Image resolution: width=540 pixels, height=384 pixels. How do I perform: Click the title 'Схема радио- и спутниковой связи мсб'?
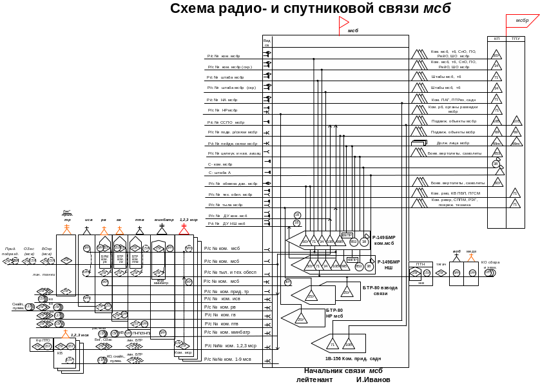click(310, 8)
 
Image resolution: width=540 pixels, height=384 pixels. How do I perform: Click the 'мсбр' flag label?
click(522, 21)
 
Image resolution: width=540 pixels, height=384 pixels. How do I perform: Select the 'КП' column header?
click(496, 39)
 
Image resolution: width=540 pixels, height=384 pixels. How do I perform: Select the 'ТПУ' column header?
click(516, 39)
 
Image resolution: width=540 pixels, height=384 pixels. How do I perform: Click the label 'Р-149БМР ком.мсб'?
click(384, 240)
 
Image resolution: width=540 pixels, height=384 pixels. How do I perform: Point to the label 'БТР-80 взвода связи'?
click(380, 290)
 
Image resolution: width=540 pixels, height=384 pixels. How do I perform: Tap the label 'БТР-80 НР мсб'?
click(334, 313)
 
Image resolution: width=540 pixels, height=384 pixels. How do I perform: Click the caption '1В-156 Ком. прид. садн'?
click(353, 358)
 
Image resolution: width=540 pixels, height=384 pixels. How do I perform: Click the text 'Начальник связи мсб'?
click(343, 371)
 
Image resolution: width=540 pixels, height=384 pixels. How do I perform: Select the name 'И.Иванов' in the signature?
click(373, 380)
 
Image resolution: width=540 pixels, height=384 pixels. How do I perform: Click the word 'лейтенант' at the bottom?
click(314, 380)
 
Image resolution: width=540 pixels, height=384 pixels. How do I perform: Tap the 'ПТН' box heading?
click(420, 264)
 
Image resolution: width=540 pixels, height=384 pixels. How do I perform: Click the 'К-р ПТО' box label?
click(43, 340)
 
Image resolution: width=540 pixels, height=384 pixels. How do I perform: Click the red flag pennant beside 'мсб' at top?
click(343, 25)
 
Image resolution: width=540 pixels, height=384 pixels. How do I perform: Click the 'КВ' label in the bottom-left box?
click(60, 353)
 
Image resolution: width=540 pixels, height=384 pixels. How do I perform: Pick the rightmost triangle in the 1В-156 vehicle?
click(349, 343)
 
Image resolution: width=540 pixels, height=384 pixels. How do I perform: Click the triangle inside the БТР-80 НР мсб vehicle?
click(301, 318)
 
